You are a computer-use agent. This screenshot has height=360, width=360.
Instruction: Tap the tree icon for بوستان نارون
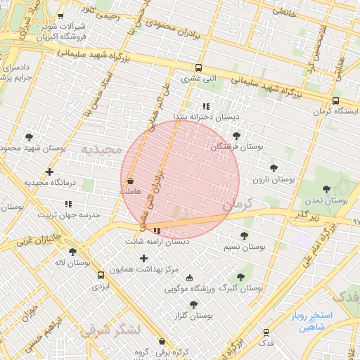[x=274, y=168]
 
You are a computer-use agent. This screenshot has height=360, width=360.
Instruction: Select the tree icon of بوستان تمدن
[x=326, y=188]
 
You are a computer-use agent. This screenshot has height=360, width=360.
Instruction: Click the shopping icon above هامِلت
[x=130, y=180]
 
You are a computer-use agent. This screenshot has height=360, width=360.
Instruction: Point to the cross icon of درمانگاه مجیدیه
[x=49, y=172]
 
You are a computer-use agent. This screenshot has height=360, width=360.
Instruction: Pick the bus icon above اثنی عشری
[x=199, y=68]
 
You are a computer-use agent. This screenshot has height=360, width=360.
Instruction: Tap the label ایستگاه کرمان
[x=336, y=111]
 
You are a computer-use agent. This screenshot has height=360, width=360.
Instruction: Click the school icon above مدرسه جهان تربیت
[x=68, y=203]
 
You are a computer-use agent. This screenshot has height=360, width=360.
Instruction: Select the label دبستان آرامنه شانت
[x=157, y=241]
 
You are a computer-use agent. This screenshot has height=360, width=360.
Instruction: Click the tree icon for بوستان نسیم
[x=244, y=236]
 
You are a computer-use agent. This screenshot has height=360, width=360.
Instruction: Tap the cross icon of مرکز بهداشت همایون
[x=144, y=258]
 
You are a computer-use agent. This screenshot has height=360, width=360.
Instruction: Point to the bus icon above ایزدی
[x=101, y=275]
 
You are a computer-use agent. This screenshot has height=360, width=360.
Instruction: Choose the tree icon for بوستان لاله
[x=72, y=251]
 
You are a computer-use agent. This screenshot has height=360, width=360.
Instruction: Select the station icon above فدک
[x=266, y=333]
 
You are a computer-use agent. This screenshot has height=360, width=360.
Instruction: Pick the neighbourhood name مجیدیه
[x=101, y=150]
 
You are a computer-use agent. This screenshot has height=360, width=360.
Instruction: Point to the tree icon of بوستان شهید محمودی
[x=29, y=137]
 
